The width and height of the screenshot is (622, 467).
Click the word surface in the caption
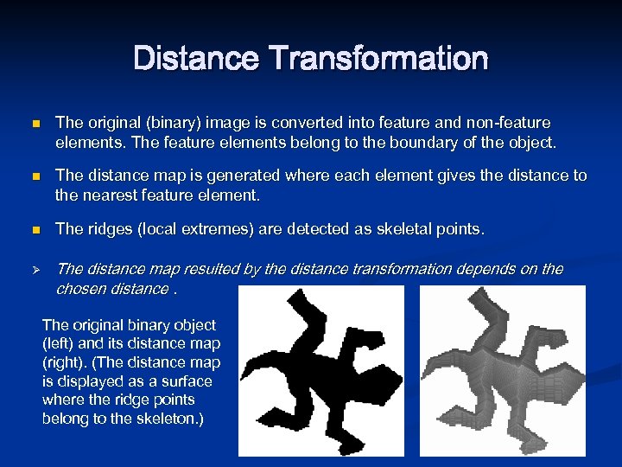click(x=187, y=381)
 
